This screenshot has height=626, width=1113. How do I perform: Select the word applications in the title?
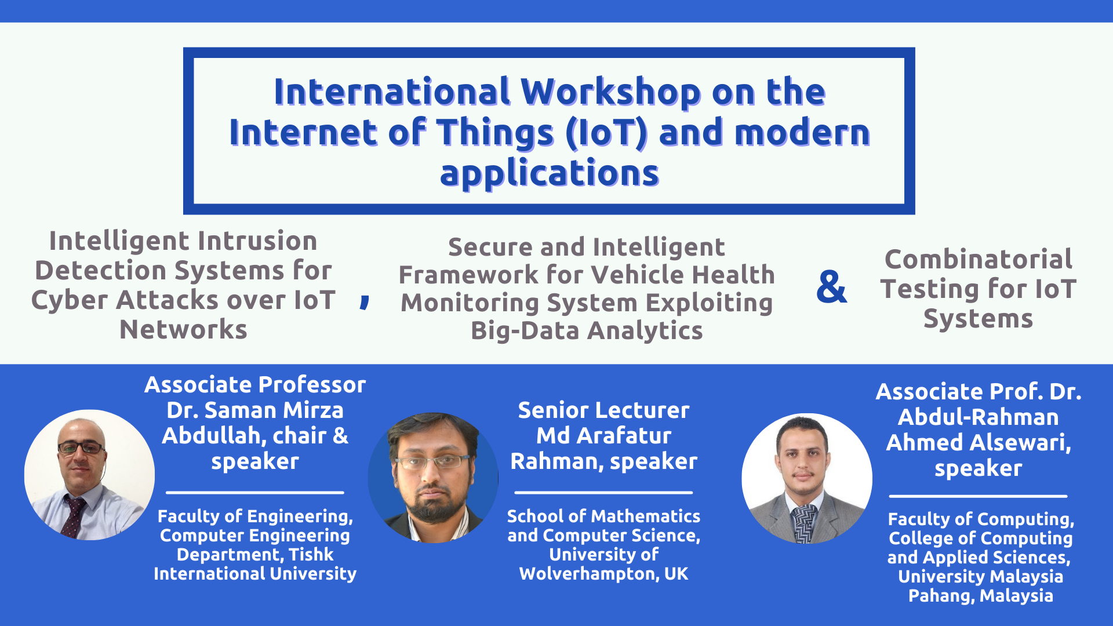pyautogui.click(x=549, y=173)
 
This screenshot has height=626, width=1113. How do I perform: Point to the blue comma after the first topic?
pyautogui.click(x=365, y=301)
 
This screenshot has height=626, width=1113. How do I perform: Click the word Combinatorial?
pyautogui.click(x=978, y=259)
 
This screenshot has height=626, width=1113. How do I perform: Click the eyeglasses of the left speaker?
pyautogui.click(x=81, y=447)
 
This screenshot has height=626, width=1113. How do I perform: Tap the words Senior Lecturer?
pyautogui.click(x=603, y=410)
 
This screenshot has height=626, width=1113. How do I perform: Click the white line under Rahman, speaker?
pyautogui.click(x=603, y=493)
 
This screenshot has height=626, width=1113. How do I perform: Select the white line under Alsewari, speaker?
pyautogui.click(x=978, y=496)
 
